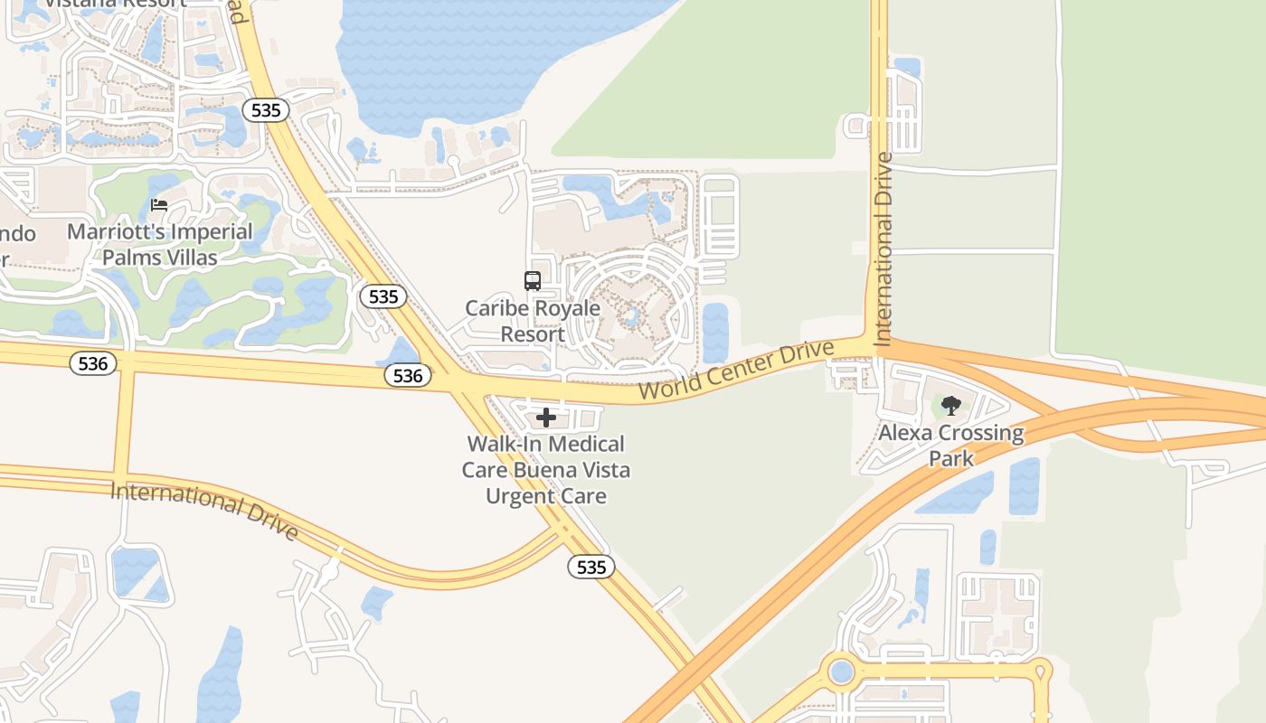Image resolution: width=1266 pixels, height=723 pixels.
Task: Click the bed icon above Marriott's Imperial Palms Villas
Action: pos(159,205)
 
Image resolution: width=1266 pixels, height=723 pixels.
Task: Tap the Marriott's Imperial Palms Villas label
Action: pos(160,245)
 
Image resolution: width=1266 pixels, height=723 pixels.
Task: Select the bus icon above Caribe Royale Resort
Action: pos(533,281)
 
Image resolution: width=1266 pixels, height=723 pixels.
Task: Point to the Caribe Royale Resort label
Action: pos(533,321)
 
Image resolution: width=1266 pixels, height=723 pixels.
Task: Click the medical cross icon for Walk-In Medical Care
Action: pos(546,418)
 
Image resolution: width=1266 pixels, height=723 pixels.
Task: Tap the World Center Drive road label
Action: pos(736,371)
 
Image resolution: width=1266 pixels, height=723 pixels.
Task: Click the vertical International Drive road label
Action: pos(883,249)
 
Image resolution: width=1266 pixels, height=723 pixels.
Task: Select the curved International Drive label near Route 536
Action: pos(204,512)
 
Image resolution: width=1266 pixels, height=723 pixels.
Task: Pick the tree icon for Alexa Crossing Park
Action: pos(950,406)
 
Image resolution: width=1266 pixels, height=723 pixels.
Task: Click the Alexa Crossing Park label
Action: pos(951,446)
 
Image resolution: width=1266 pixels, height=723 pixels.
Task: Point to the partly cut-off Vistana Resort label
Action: pos(116,4)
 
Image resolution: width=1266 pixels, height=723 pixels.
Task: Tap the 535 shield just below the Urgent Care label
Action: pos(591,567)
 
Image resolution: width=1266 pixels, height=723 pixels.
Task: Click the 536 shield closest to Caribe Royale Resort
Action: pos(408,375)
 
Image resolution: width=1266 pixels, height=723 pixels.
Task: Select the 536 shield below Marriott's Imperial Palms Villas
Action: pos(93,363)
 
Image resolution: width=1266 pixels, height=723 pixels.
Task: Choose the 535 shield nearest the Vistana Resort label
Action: pos(266,110)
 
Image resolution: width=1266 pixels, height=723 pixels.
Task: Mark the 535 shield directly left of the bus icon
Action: pos(383,296)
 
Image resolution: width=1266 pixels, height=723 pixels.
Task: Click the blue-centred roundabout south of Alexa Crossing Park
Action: pos(842,671)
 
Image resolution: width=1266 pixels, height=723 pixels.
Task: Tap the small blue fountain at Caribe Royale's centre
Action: pos(630,316)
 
